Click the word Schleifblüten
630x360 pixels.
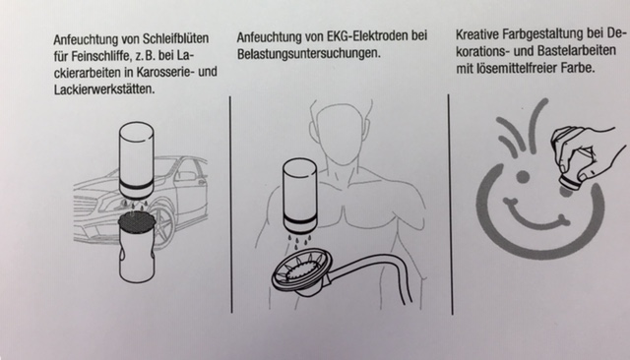(175, 38)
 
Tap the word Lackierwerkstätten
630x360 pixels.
(104, 89)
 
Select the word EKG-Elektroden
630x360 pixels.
(364, 36)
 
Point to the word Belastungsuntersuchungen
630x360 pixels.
(308, 53)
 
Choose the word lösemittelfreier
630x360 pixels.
(518, 68)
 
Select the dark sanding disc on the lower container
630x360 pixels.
(136, 220)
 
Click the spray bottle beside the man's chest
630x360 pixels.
(300, 196)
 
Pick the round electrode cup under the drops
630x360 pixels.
(300, 273)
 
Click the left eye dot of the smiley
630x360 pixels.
(523, 175)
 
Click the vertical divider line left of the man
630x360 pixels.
(231, 205)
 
